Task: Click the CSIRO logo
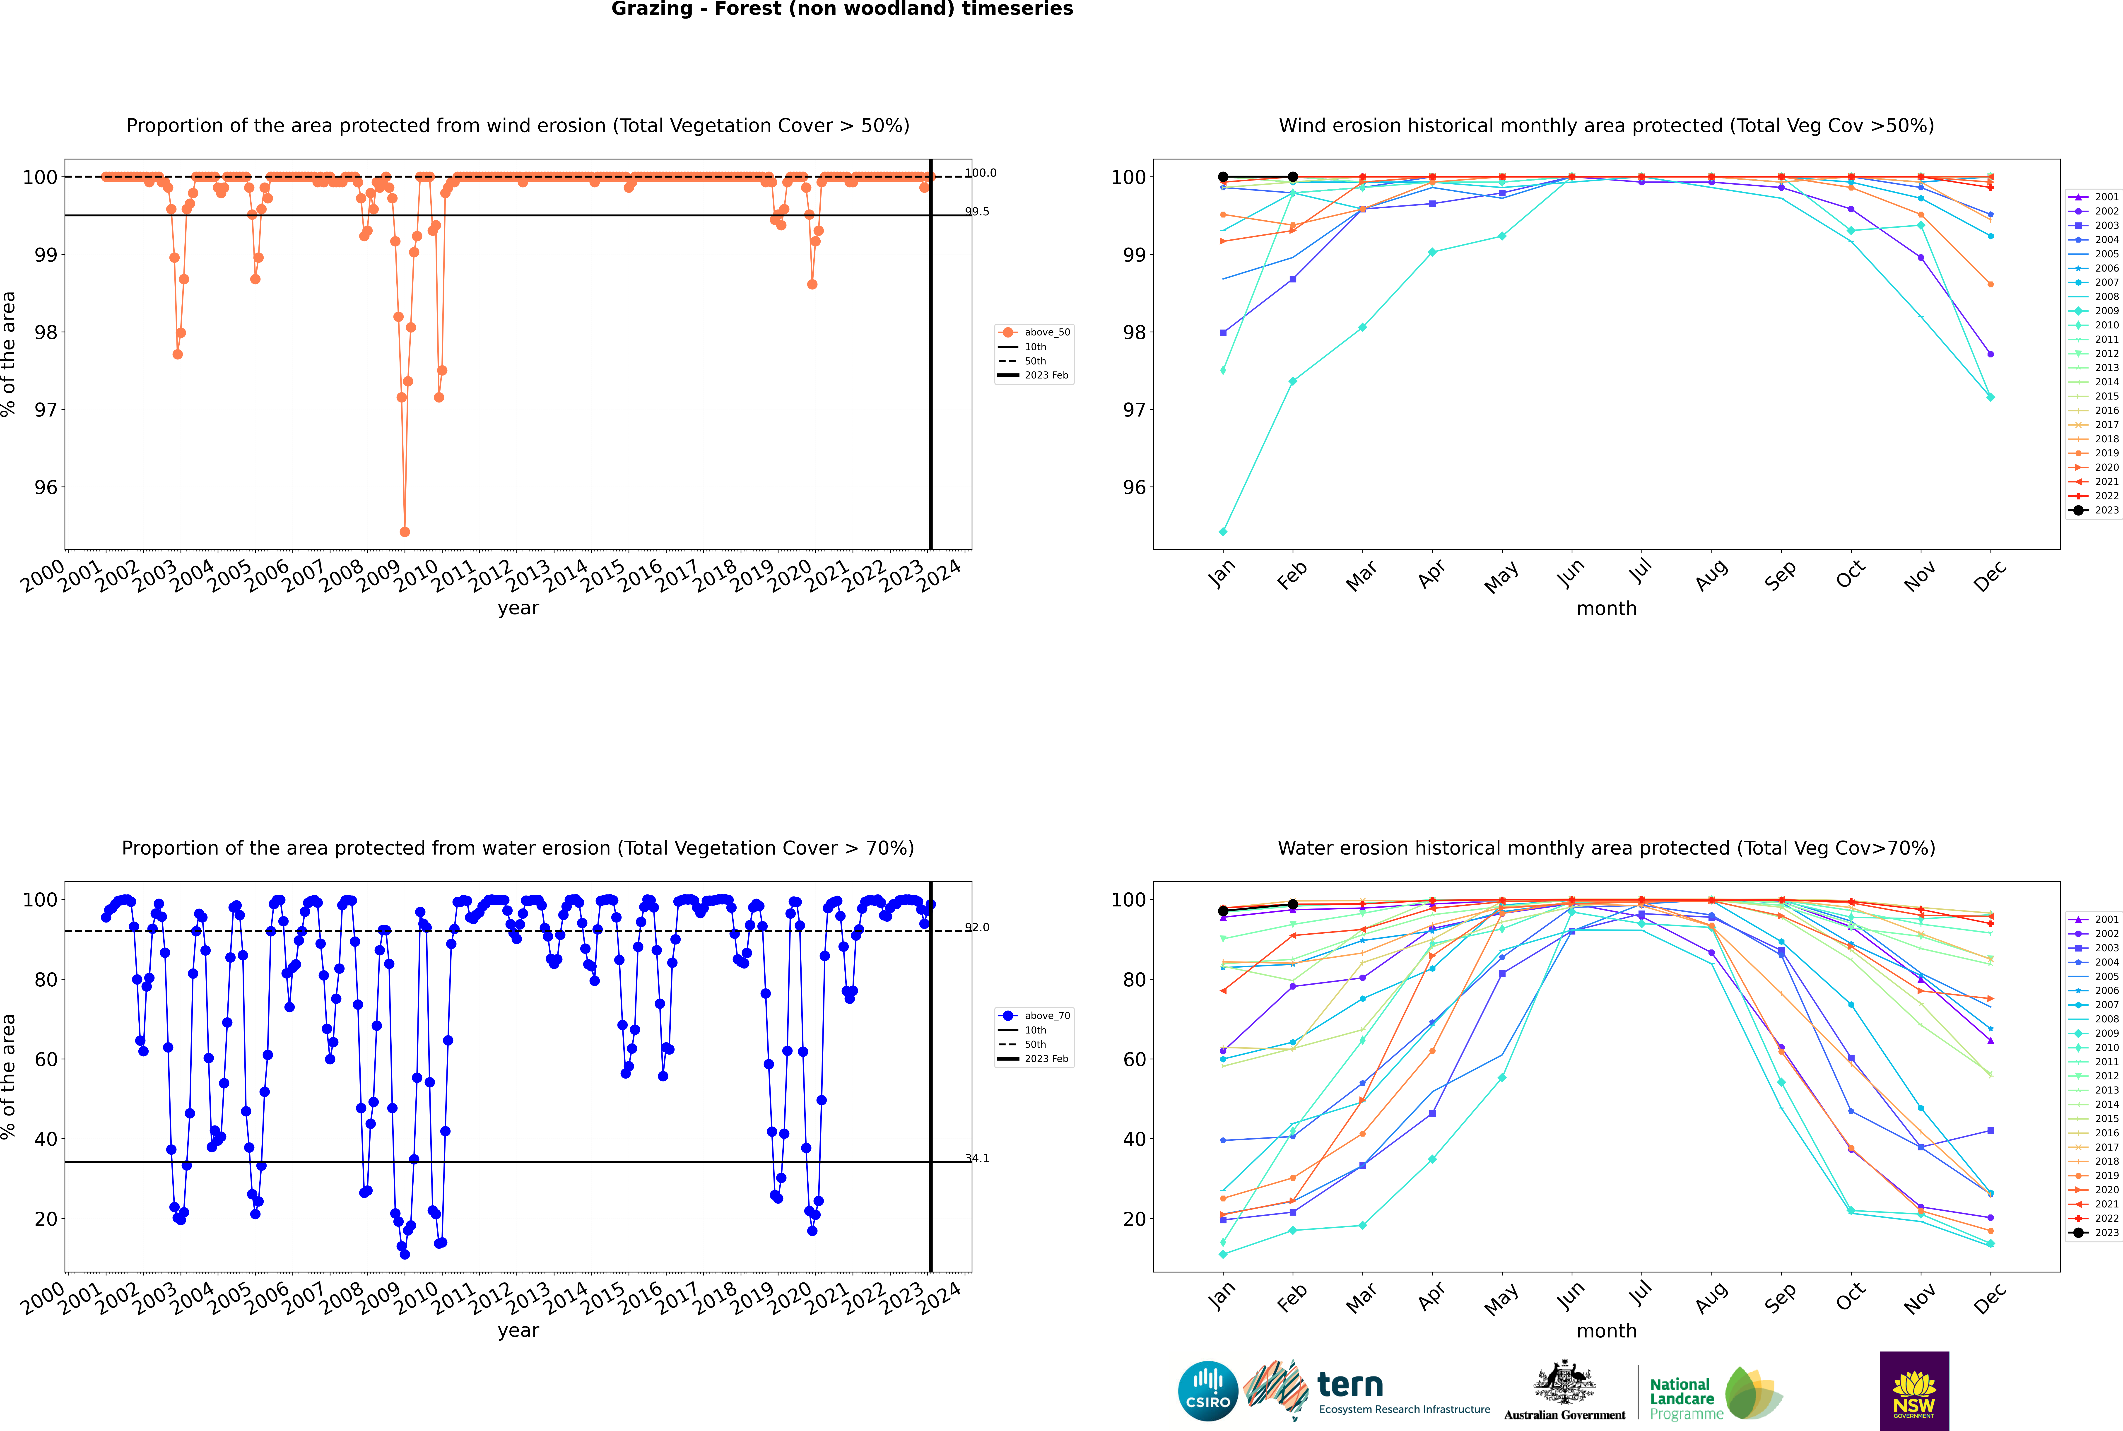point(1207,1391)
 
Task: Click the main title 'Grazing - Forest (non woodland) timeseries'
point(841,9)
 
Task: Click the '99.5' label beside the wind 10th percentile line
point(977,212)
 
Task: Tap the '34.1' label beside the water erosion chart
point(977,1158)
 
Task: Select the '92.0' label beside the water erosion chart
point(977,927)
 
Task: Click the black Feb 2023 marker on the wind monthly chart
point(1292,177)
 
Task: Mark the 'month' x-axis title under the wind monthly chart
point(1606,609)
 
